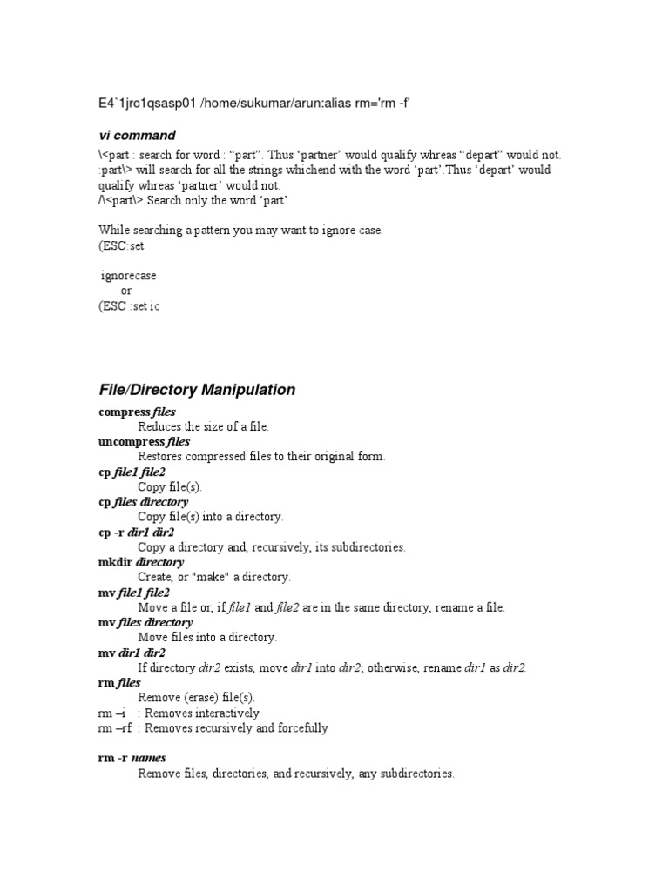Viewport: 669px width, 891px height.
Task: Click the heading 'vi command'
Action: coord(137,136)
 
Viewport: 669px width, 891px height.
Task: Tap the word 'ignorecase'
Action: coord(129,275)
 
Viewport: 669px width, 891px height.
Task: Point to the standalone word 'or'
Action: coord(126,291)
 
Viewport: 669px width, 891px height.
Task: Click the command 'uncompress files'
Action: coord(144,442)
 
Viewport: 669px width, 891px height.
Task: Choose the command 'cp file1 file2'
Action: coord(132,472)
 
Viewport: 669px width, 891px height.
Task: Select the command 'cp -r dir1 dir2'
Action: coord(136,532)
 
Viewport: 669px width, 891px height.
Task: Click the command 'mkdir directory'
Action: coord(140,562)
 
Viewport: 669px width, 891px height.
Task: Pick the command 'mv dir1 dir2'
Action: coord(132,653)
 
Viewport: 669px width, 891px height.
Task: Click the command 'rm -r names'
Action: coord(132,758)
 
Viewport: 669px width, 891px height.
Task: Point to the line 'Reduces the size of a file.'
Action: coord(204,426)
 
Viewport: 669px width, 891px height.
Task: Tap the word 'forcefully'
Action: coord(300,728)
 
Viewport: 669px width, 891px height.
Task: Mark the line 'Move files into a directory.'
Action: coord(207,638)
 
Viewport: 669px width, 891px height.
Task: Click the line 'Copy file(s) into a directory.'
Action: coord(210,517)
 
